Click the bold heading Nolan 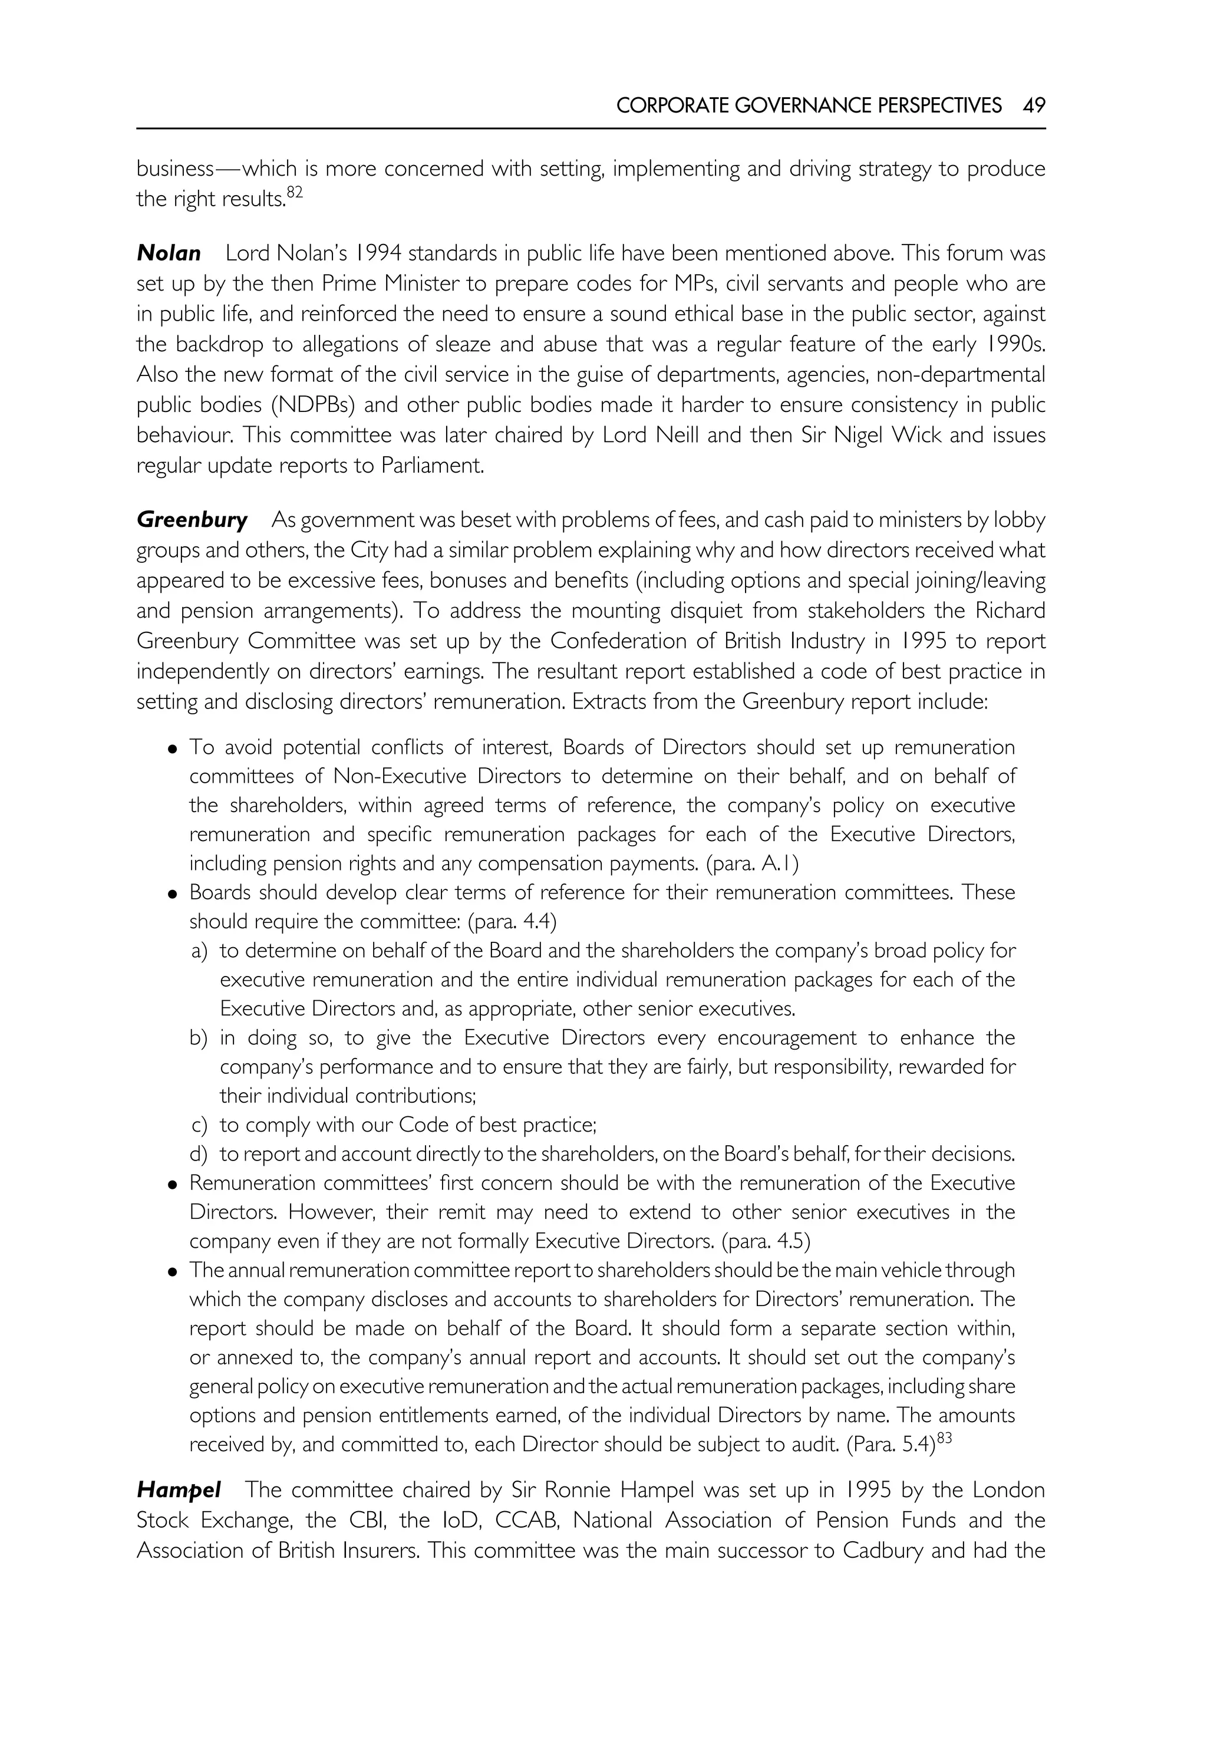tap(169, 253)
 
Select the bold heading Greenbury tap(192, 520)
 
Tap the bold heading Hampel tap(179, 1491)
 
